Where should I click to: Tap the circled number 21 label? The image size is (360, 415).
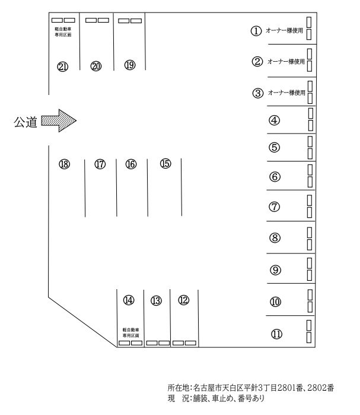pos(62,66)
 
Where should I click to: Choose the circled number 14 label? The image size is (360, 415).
pos(129,300)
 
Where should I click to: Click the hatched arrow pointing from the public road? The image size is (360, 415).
pos(59,122)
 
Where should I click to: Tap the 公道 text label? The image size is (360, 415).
pos(26,122)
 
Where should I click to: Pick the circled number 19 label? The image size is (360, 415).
pos(130,65)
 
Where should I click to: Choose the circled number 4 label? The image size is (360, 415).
pos(275,121)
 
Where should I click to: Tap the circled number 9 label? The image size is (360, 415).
pos(275,270)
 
